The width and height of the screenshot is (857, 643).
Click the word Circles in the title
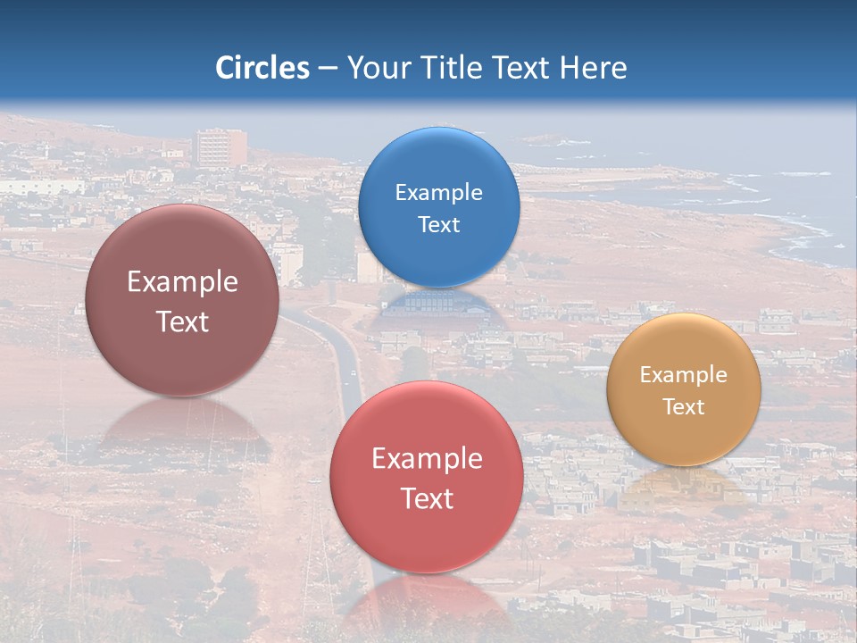pos(262,68)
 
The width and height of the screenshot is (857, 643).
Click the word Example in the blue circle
pos(438,192)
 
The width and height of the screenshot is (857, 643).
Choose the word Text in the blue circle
pos(438,224)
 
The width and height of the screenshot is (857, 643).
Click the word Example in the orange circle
pos(684,374)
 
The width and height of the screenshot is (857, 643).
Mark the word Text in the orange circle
pos(684,406)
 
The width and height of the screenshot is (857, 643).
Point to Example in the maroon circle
pos(182,281)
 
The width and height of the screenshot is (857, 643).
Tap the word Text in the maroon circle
pos(182,321)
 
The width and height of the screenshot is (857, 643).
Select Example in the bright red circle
pos(427,458)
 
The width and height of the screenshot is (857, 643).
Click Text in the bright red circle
pos(427,498)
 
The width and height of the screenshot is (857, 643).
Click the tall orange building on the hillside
pos(220,147)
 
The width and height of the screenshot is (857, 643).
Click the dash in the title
pos(327,69)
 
